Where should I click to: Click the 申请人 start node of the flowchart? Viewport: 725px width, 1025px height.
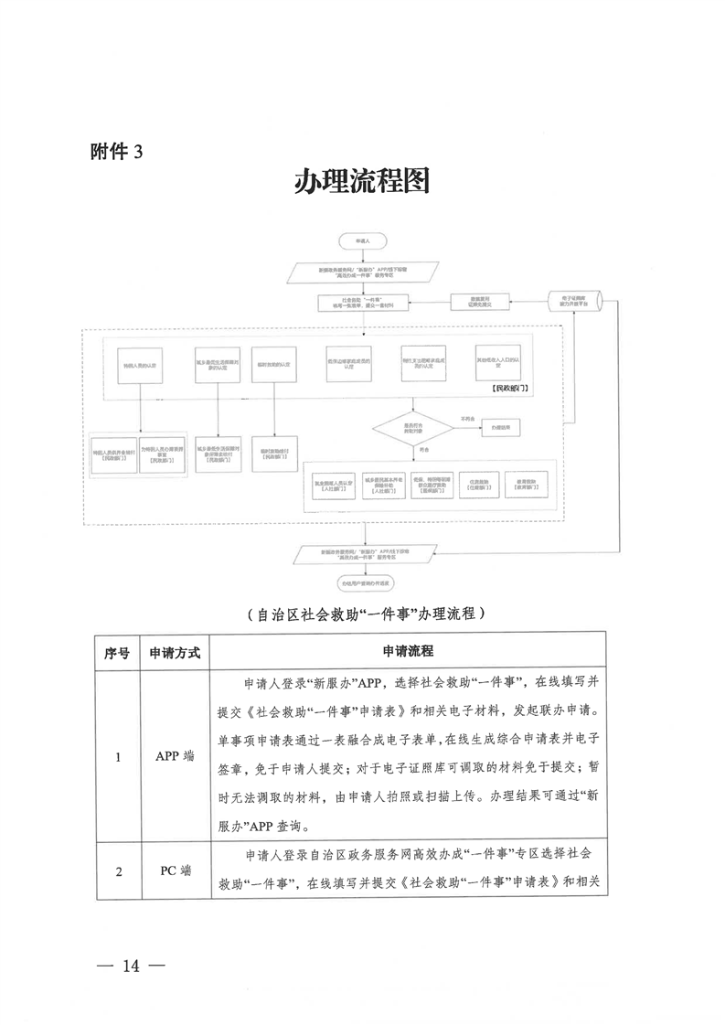[x=363, y=240]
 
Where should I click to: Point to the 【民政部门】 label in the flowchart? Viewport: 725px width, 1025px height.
[x=514, y=388]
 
